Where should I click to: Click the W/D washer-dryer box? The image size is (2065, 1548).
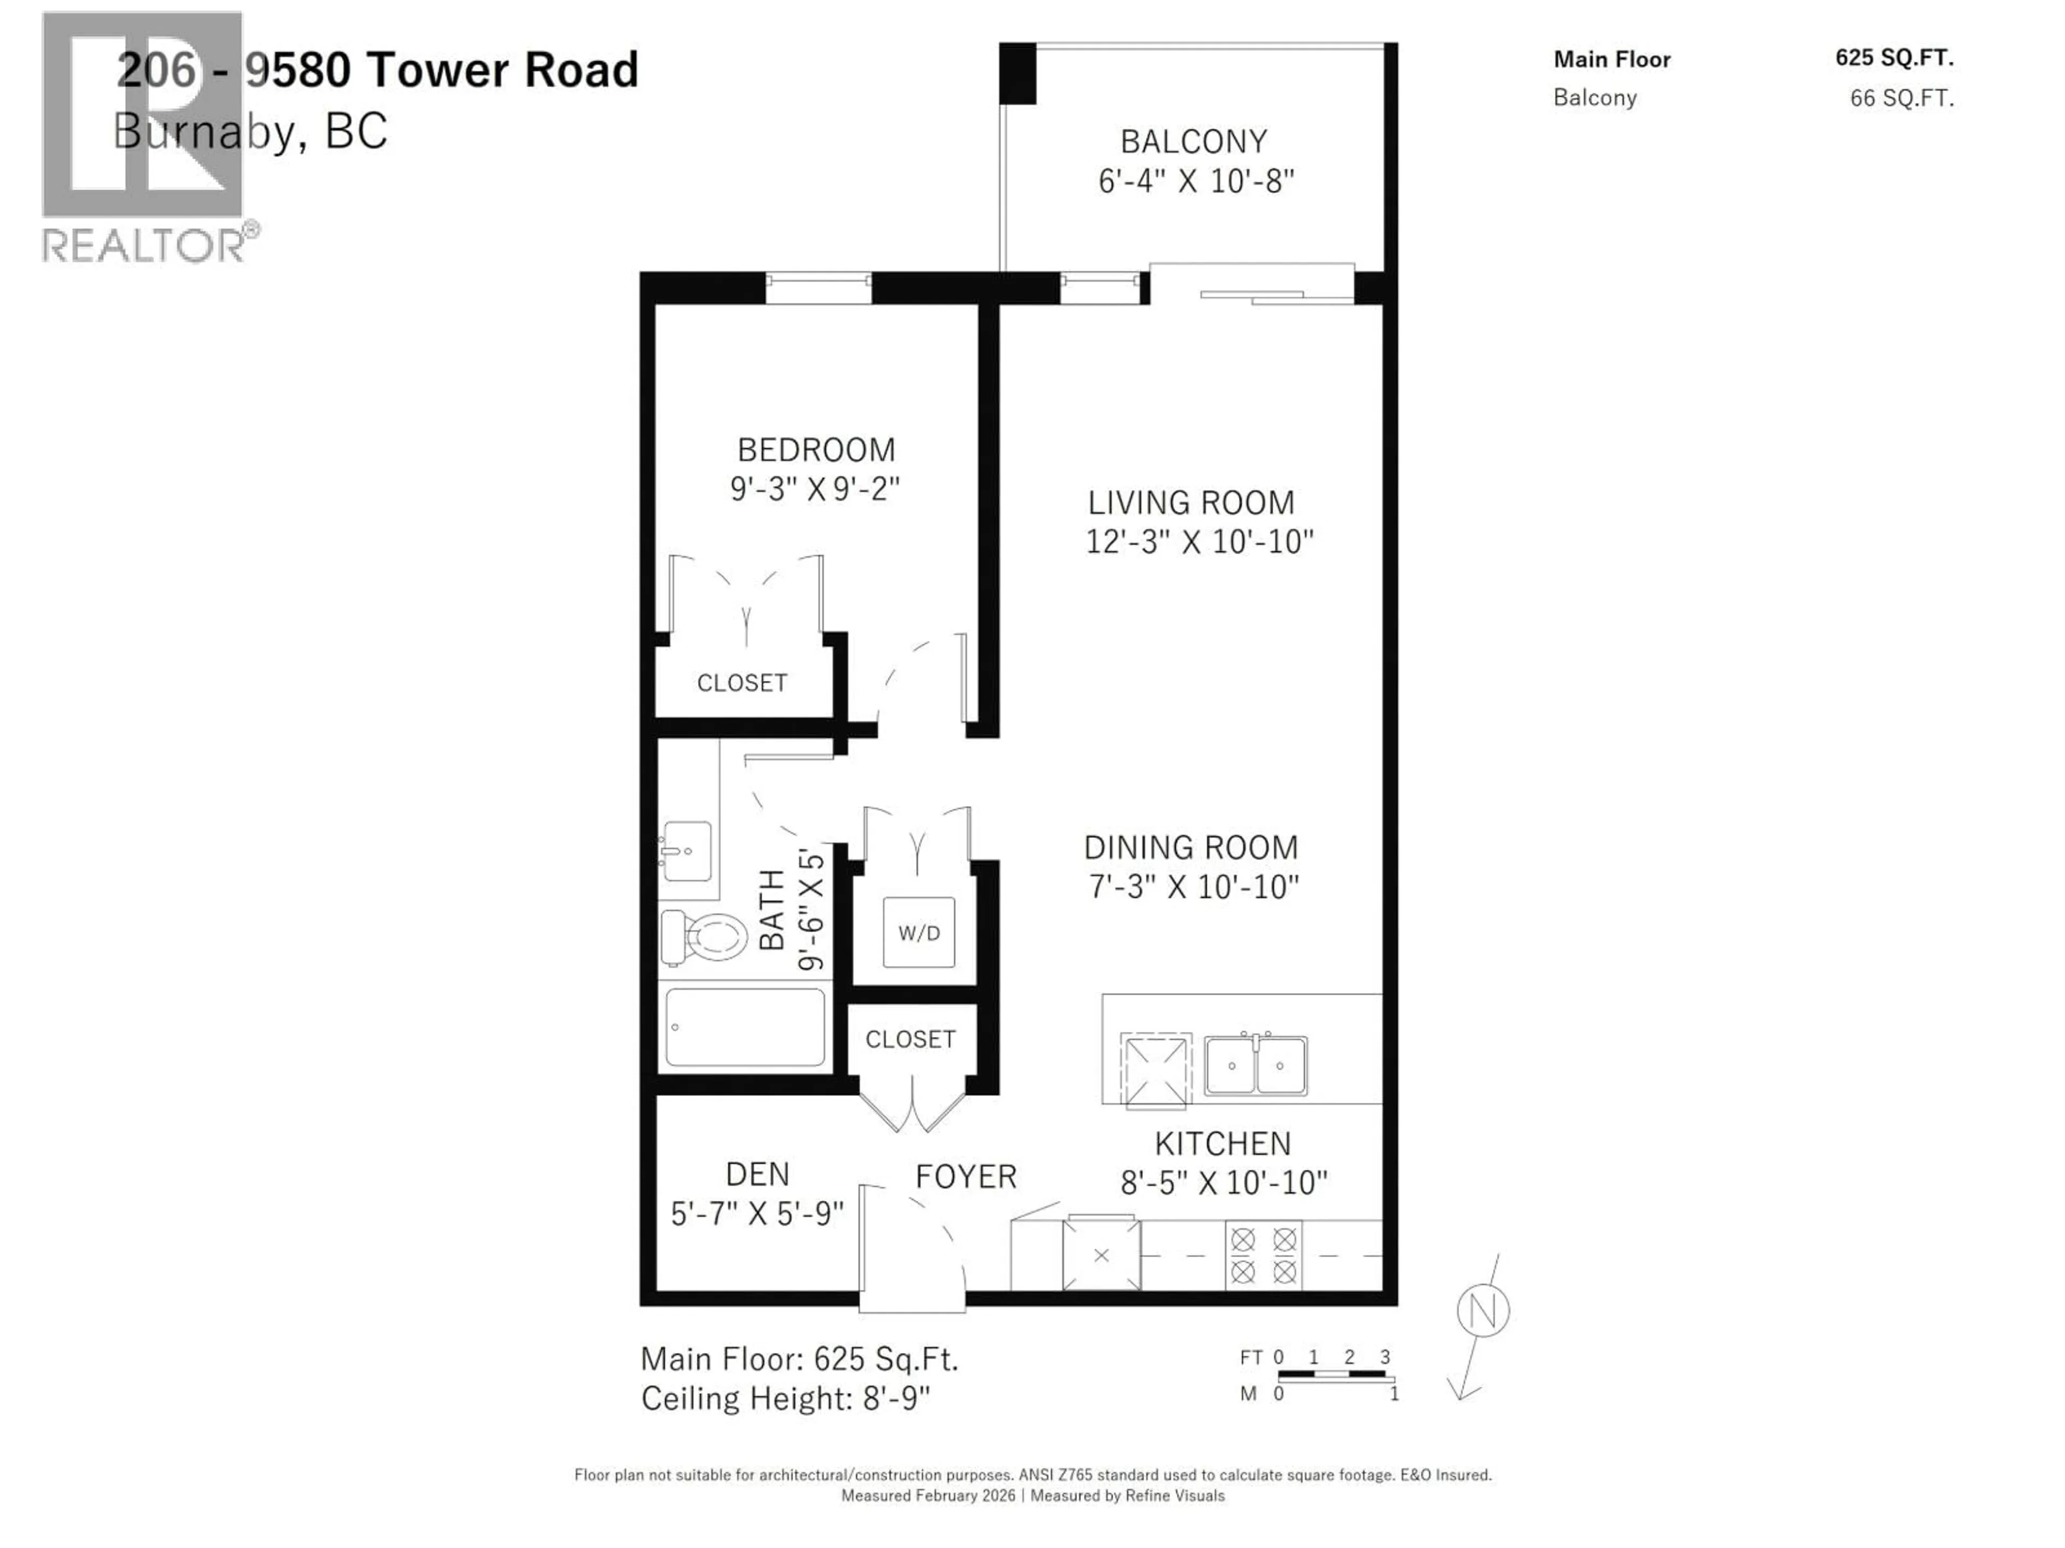tap(918, 932)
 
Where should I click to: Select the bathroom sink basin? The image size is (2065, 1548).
tap(688, 850)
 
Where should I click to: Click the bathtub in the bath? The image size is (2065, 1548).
tap(744, 1027)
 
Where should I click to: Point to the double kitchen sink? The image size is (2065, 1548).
tap(1256, 1065)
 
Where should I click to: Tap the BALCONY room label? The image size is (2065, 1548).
tap(1194, 142)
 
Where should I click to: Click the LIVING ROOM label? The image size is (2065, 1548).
tap(1191, 503)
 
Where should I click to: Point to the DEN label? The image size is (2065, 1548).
tap(757, 1174)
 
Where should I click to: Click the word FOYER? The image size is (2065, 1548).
tap(965, 1177)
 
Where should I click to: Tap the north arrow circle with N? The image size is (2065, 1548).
tap(1483, 1311)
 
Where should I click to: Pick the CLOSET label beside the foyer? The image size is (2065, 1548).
tap(910, 1040)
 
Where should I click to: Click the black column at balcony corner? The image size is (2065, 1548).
tap(1017, 74)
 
